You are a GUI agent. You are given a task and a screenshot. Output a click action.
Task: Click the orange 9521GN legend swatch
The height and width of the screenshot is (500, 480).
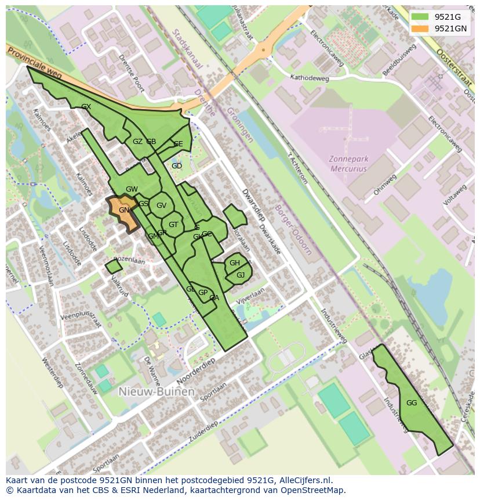[x=420, y=28]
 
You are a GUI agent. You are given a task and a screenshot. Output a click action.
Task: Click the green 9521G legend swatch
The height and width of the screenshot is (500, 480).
[x=420, y=17]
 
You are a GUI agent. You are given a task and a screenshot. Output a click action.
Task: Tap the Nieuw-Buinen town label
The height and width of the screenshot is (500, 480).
[x=156, y=391]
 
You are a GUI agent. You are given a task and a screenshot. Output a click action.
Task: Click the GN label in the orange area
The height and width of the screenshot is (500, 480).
[x=124, y=210]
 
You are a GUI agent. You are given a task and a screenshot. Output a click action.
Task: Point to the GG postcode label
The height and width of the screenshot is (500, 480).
[x=412, y=403]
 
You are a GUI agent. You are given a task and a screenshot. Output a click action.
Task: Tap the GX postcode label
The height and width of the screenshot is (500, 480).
[x=86, y=107]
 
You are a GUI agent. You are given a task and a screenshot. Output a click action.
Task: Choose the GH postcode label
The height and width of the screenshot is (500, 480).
[x=234, y=263]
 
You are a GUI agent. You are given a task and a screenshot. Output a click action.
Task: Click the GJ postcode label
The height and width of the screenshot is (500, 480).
[x=241, y=275]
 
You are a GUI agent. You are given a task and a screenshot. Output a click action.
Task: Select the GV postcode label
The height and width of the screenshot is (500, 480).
[x=161, y=205]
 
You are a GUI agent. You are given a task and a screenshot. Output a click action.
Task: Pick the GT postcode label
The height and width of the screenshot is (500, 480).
[x=173, y=225]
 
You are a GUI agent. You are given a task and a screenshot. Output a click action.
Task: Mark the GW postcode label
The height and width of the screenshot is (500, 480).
[x=132, y=189]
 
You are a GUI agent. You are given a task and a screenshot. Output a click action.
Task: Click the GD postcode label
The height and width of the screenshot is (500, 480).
[x=177, y=166]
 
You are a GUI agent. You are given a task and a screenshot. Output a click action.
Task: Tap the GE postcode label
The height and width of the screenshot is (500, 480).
[x=178, y=144]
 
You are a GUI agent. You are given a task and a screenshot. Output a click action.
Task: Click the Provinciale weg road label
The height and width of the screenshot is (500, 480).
[x=34, y=63]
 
